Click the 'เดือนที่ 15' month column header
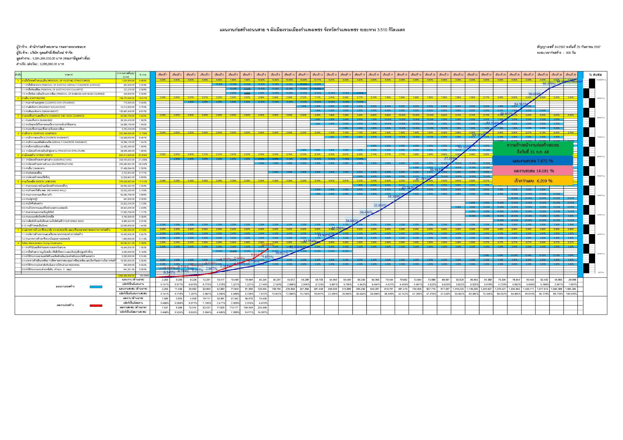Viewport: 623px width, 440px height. point(360,74)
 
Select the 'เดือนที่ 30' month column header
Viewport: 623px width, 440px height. point(571,74)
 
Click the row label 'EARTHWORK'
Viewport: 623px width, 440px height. point(41,98)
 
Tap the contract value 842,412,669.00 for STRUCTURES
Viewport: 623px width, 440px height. point(126,155)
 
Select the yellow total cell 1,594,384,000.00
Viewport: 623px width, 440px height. point(126,275)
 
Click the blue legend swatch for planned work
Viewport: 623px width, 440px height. point(96,287)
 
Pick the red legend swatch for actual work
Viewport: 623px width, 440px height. point(96,306)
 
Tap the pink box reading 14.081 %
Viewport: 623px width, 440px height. point(533,171)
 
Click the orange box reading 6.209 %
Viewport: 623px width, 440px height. point(533,181)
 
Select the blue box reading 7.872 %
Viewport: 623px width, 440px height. point(533,161)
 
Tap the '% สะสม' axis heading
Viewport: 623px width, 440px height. point(596,74)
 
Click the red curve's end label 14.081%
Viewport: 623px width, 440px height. point(268,245)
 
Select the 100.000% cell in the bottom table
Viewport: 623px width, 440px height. point(571,294)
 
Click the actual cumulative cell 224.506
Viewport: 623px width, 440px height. point(261,308)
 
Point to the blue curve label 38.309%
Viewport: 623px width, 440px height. point(394,196)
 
